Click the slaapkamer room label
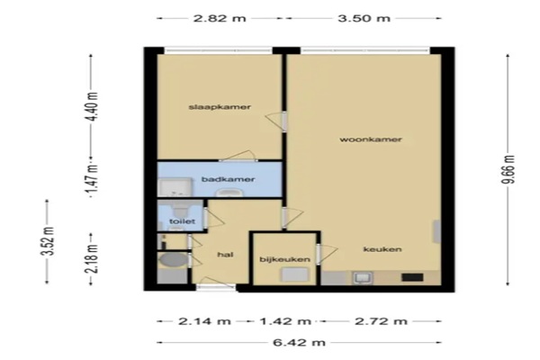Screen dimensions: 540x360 point(220,107)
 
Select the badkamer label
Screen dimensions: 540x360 point(228,179)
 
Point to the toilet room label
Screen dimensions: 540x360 point(182,221)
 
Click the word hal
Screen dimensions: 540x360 point(225,255)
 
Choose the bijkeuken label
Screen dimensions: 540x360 point(284,259)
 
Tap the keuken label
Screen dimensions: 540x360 point(382,249)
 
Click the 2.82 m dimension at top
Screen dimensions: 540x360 point(220,18)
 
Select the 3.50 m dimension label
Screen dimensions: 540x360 point(364,18)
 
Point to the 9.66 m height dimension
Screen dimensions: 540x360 point(508,169)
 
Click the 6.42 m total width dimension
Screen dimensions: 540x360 point(299,343)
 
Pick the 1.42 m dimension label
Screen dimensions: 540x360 point(285,321)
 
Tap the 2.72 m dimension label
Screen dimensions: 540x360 point(381,321)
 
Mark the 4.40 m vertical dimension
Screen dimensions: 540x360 point(92,106)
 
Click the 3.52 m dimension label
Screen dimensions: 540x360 point(48,241)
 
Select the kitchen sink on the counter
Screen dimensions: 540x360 point(363,278)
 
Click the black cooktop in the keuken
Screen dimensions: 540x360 point(412,277)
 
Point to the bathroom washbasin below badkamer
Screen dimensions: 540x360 point(228,193)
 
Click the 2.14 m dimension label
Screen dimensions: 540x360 point(204,321)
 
